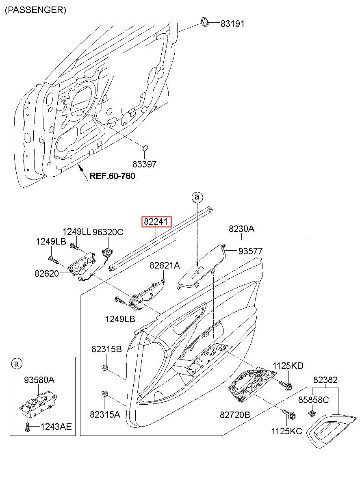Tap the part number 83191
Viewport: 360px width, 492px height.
coord(232,24)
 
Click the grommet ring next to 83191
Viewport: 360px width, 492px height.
coord(206,22)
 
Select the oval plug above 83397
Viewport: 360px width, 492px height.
coord(145,147)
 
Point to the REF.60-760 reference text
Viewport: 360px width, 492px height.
coord(113,176)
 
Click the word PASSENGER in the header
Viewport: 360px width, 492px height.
coord(35,10)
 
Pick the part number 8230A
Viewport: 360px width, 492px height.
coord(241,229)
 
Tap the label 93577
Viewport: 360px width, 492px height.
coord(250,251)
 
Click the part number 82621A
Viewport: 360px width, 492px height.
coord(164,266)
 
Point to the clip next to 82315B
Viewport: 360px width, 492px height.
coord(105,368)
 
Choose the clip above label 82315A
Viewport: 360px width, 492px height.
coord(104,393)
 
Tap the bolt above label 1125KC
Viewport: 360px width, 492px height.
coord(291,415)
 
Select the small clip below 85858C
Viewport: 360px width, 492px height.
coord(312,413)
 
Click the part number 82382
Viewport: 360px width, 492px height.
coord(325,380)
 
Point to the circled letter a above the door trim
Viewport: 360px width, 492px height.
coord(197,197)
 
